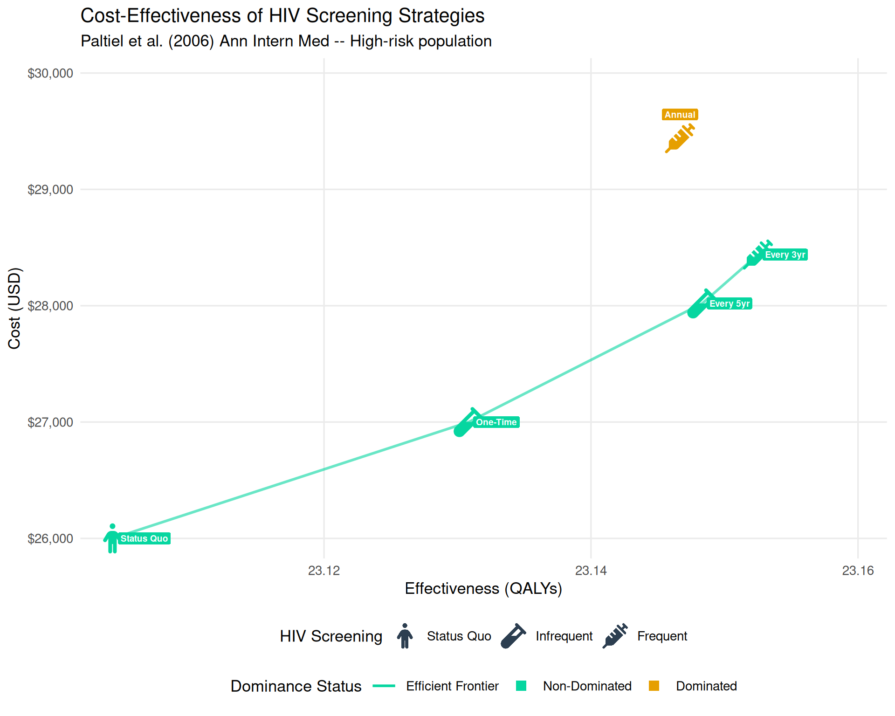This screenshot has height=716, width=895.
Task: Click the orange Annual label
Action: coord(680,115)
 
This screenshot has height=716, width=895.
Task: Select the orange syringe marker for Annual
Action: coord(679,138)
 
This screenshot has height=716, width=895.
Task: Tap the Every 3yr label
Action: coord(785,255)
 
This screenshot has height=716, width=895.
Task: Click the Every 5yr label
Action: coord(730,303)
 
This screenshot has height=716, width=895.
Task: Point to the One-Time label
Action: coord(496,422)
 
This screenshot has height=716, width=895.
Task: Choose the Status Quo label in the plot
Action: coord(144,538)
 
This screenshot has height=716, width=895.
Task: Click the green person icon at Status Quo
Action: coord(112,539)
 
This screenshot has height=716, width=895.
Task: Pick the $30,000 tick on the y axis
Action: coord(50,73)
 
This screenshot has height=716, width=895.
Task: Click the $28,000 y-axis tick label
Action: coord(50,306)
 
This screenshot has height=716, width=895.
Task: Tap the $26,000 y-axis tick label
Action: coord(50,538)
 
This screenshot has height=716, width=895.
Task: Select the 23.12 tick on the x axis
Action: coord(324,571)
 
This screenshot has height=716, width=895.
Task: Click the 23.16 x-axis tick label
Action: coord(858,571)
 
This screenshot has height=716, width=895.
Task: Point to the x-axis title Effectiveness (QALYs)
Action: coord(483,589)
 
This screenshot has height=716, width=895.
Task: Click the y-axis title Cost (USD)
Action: coord(14,308)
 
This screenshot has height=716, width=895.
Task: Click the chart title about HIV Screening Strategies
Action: coord(282,16)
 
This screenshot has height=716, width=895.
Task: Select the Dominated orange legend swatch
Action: coord(654,686)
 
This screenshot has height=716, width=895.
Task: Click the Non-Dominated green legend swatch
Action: coord(521,686)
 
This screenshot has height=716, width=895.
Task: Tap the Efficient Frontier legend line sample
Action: coord(384,686)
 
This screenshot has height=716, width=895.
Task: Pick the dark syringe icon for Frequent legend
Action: coord(615,636)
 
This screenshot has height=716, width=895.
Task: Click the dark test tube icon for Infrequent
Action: coord(513,636)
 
